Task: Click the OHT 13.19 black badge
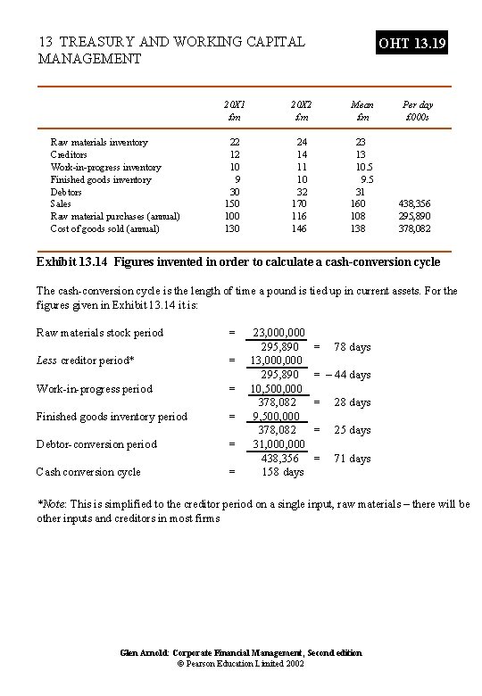[x=412, y=43]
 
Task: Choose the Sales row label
[x=61, y=203]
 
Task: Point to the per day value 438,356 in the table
[x=416, y=203]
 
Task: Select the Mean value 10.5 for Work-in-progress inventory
[x=363, y=167]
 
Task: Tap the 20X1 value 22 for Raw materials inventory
[x=235, y=142]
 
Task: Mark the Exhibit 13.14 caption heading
[x=238, y=261]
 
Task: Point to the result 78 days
[x=352, y=346]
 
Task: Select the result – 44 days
[x=348, y=375]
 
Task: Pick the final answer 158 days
[x=282, y=471]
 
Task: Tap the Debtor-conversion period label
[x=96, y=443]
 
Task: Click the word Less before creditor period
[x=46, y=360]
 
